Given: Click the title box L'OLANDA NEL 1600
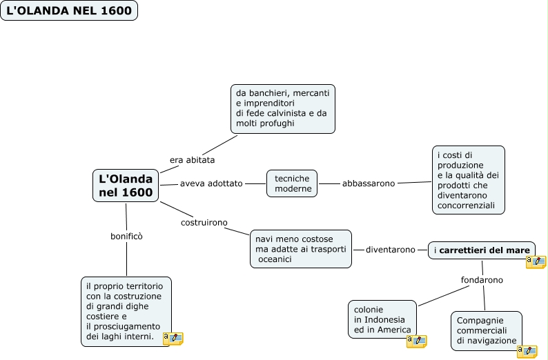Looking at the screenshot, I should [69, 11].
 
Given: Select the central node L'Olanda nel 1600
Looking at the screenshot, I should [126, 186].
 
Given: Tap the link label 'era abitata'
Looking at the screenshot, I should [192, 160].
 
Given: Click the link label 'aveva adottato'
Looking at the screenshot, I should [211, 183].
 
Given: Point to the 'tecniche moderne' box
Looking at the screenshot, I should [293, 183].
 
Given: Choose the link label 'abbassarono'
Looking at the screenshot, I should [369, 183].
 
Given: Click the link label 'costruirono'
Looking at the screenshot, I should [204, 223].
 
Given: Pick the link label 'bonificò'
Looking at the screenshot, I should [126, 236].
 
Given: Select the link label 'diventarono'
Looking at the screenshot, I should [391, 250].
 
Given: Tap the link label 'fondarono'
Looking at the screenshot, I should [482, 280].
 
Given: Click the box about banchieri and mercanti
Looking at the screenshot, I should [282, 108].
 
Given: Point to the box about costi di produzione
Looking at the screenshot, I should [469, 179].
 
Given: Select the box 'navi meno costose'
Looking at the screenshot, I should [300, 248].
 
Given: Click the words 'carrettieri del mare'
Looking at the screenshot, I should [485, 250].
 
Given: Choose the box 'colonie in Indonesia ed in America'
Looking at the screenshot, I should [382, 319].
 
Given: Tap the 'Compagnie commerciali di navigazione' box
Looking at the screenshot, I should [486, 330].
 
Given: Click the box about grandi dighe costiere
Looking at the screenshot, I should [124, 311].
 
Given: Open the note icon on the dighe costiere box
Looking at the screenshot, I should [173, 339].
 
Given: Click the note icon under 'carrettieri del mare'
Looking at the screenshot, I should [536, 262].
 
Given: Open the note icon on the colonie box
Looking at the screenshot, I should [416, 341].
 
